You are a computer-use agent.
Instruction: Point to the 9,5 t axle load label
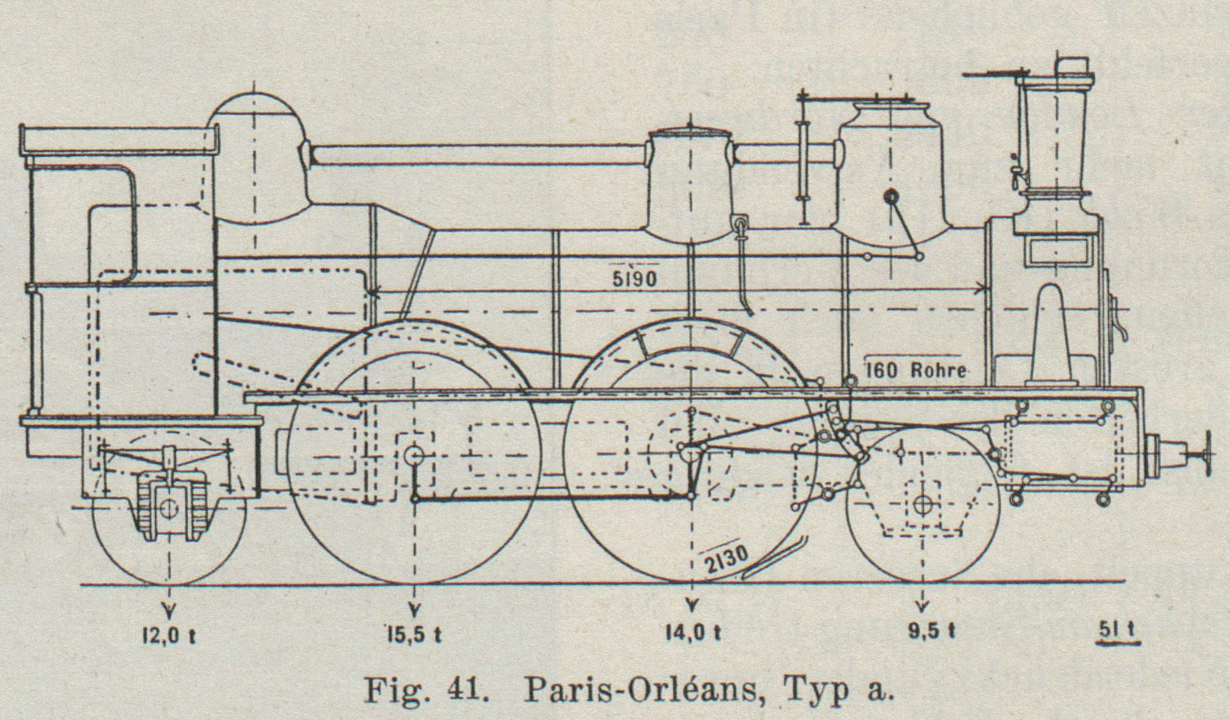pyautogui.click(x=932, y=631)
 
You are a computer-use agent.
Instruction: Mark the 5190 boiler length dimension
pyautogui.click(x=635, y=279)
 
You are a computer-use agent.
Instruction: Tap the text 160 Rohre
pyautogui.click(x=916, y=370)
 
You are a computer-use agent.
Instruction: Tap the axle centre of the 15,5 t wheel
pyautogui.click(x=414, y=453)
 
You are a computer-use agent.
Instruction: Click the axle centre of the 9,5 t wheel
pyautogui.click(x=922, y=504)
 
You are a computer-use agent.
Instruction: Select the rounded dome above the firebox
pyautogui.click(x=255, y=158)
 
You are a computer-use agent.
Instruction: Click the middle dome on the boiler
pyautogui.click(x=691, y=183)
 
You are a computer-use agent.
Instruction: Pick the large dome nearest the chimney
pyautogui.click(x=890, y=170)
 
